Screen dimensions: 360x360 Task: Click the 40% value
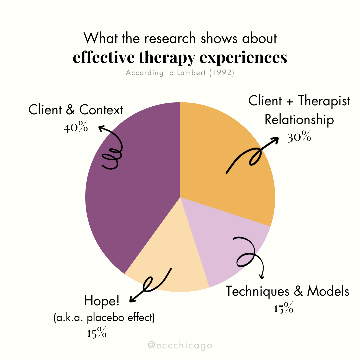coord(76,127)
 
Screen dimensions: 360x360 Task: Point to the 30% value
coord(299,137)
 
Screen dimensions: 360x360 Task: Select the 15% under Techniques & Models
coord(283,309)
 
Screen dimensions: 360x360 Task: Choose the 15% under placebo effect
coord(97,333)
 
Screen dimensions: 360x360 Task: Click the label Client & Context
coord(76,110)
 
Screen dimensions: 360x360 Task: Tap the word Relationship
coord(299,119)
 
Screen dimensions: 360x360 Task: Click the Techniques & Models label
coord(288,291)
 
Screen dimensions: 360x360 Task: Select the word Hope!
coord(102,301)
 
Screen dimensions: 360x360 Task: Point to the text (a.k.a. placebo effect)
coord(104,318)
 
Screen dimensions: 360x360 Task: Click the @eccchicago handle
coord(180,345)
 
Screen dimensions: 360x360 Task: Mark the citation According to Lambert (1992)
coord(180,73)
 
